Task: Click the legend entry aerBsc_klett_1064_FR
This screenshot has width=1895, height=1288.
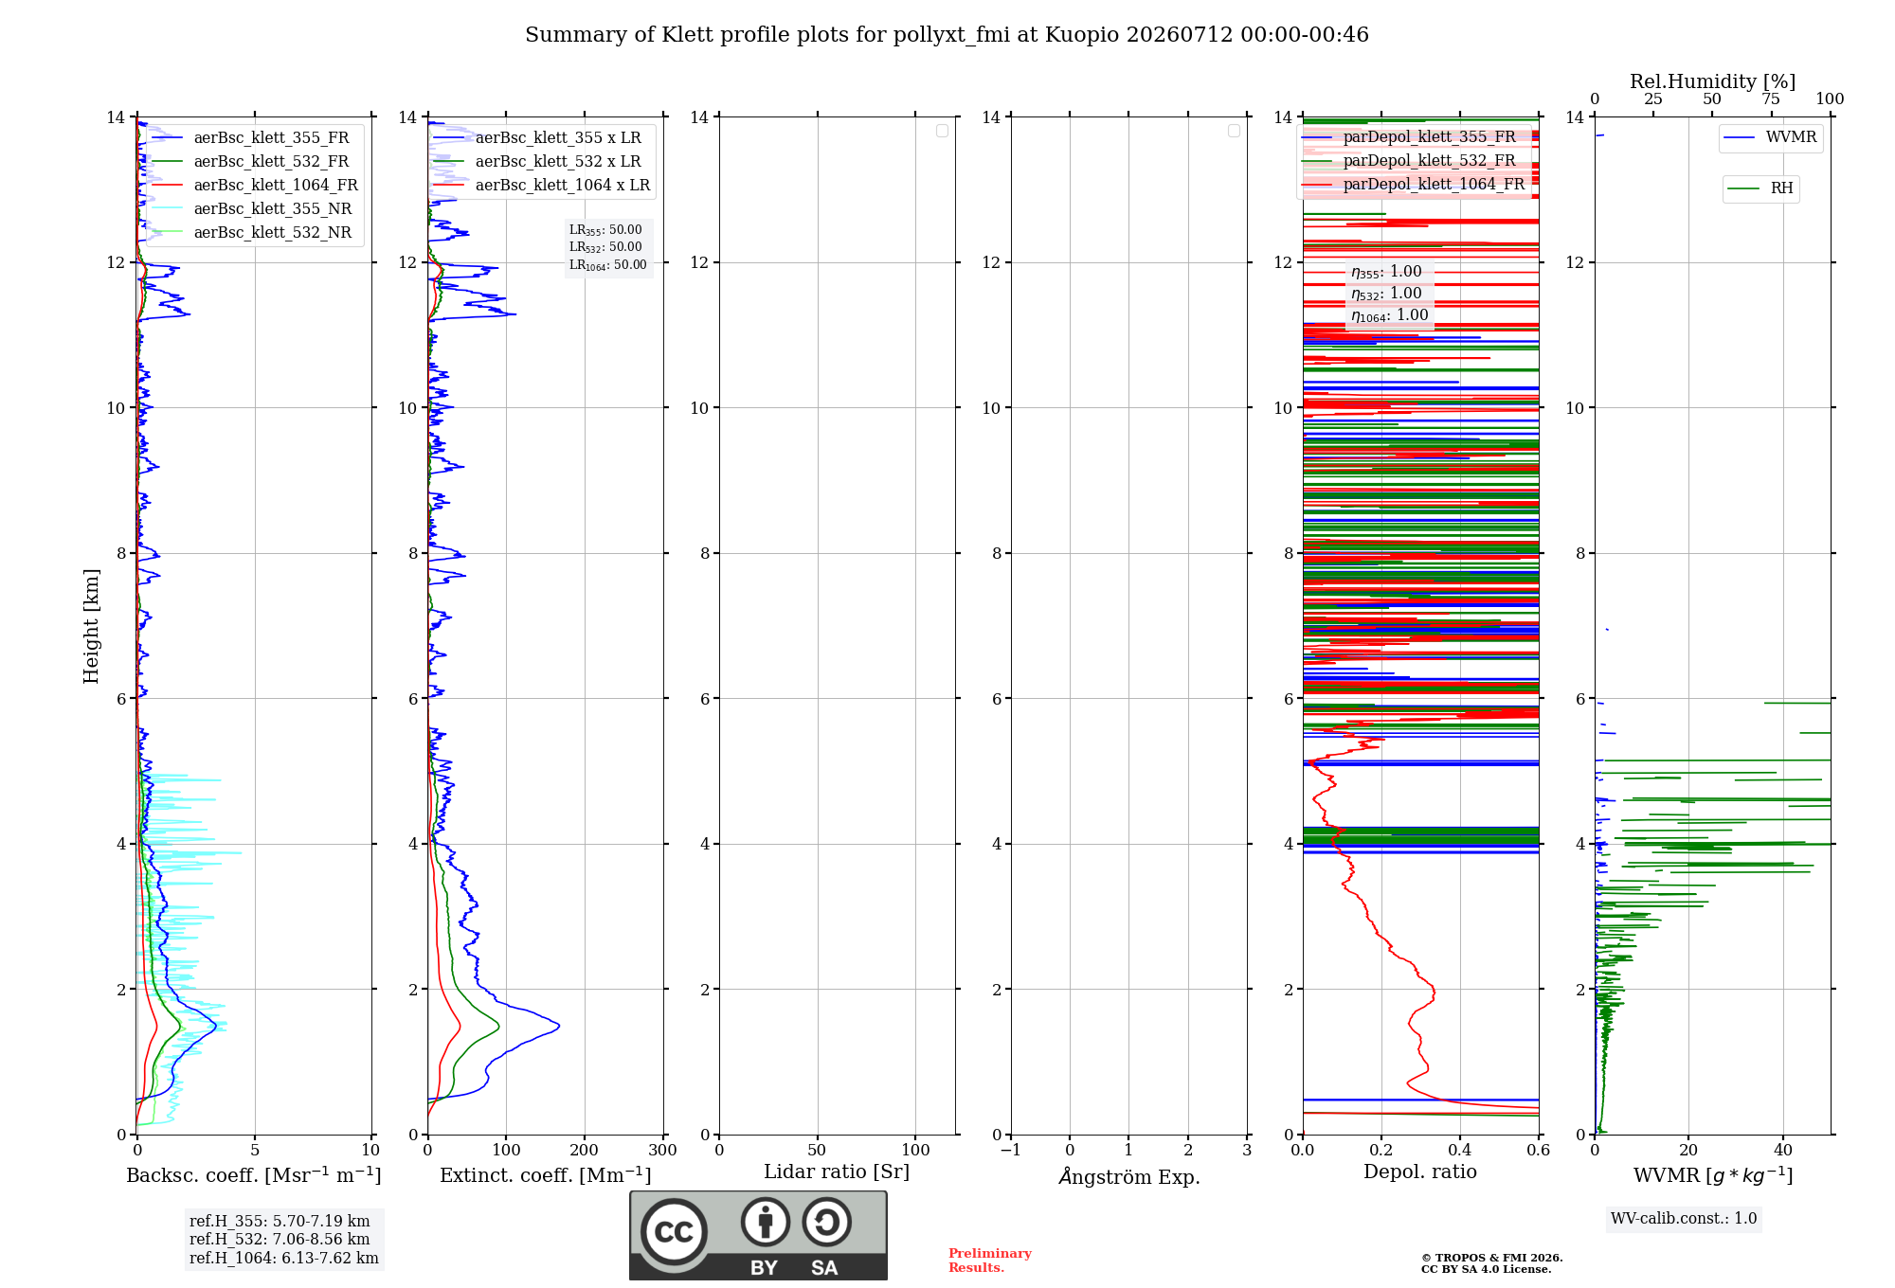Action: pyautogui.click(x=255, y=186)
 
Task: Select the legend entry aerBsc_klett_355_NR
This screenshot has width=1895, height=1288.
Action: pyautogui.click(x=252, y=209)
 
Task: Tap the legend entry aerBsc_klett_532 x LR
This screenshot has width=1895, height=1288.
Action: pyautogui.click(x=537, y=162)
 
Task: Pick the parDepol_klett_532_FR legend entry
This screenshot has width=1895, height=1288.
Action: pyautogui.click(x=1409, y=161)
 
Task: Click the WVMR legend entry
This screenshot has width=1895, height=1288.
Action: pyautogui.click(x=1770, y=137)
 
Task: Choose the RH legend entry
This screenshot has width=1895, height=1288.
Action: pyautogui.click(x=1760, y=188)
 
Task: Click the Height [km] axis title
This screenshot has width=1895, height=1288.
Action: pyautogui.click(x=91, y=626)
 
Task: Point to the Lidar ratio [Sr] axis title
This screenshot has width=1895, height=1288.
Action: pyautogui.click(x=837, y=1172)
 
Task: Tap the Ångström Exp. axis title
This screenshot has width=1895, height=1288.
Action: pyautogui.click(x=1129, y=1175)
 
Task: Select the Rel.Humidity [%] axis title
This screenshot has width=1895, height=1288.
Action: pyautogui.click(x=1713, y=81)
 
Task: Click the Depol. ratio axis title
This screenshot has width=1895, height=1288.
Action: pyautogui.click(x=1420, y=1172)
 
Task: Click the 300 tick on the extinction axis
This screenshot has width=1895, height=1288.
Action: pyautogui.click(x=663, y=1150)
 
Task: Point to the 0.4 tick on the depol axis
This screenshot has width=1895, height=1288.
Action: pyautogui.click(x=1460, y=1150)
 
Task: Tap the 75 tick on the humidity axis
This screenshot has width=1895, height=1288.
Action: pyautogui.click(x=1771, y=98)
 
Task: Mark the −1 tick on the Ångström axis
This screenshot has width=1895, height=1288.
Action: pyautogui.click(x=1011, y=1150)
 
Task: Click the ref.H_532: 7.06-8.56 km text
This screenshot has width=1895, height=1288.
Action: pyautogui.click(x=280, y=1240)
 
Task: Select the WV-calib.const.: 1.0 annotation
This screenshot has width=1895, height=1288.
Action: pyautogui.click(x=1684, y=1219)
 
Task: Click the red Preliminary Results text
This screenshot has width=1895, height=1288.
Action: pyautogui.click(x=990, y=1261)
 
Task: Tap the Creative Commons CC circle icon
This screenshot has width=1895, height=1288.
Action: pyautogui.click(x=674, y=1232)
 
